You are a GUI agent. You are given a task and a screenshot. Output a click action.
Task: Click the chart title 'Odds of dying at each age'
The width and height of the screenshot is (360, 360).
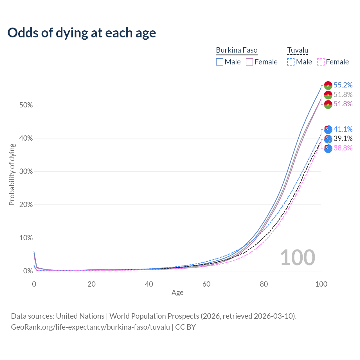(82, 33)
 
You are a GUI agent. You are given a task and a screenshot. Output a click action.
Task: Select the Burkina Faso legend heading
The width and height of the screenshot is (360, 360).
(237, 50)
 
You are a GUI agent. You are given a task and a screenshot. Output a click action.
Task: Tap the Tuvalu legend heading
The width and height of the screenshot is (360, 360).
(298, 50)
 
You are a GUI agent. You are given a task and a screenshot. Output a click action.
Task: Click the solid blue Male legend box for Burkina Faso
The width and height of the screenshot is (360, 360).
(220, 62)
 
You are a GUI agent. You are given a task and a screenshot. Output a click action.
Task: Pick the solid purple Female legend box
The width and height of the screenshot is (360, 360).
(249, 62)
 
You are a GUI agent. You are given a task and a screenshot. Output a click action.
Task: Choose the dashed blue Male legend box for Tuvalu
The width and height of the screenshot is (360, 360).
(291, 62)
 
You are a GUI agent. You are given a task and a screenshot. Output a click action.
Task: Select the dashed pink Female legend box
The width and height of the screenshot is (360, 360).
(321, 62)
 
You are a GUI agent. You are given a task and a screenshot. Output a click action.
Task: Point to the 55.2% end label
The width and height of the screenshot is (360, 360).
(343, 85)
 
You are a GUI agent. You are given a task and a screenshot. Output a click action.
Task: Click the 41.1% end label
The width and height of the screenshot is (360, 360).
(343, 129)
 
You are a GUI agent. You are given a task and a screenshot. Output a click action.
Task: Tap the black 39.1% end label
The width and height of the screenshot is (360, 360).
(343, 138)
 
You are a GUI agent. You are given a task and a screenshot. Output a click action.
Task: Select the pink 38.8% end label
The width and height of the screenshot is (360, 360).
(343, 148)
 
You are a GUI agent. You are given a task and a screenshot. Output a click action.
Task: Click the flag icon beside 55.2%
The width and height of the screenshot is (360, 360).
(328, 85)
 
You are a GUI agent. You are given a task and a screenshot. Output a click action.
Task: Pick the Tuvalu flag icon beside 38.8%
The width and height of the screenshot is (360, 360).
(328, 148)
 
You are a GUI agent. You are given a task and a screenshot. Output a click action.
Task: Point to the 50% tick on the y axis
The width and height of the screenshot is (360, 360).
(26, 105)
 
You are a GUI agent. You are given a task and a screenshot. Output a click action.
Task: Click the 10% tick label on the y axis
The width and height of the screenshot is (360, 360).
(26, 238)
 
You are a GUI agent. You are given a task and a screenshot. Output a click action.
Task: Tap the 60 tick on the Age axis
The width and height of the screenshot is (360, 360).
(206, 284)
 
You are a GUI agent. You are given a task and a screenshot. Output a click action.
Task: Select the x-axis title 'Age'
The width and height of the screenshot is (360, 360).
(177, 293)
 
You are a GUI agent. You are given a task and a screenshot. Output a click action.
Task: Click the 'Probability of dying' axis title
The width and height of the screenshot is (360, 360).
(12, 174)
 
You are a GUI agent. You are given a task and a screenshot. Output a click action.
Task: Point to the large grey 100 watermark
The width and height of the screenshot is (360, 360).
(298, 258)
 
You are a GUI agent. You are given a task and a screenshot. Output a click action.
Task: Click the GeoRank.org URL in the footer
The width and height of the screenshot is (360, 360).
(90, 327)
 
